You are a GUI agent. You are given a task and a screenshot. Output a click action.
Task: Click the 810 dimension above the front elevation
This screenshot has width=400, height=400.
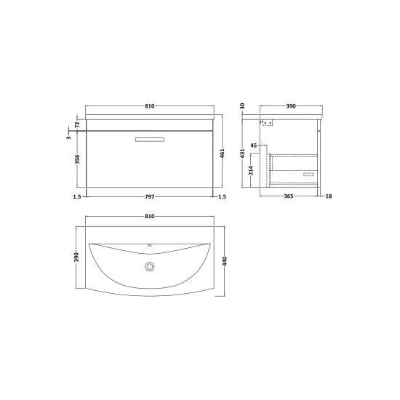pyautogui.click(x=151, y=105)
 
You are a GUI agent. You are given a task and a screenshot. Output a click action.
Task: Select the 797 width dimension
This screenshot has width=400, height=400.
pyautogui.click(x=151, y=196)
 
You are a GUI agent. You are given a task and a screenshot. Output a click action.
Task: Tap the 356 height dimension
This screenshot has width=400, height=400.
pyautogui.click(x=77, y=159)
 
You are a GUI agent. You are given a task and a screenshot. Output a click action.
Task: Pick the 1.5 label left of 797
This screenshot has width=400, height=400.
pyautogui.click(x=76, y=196)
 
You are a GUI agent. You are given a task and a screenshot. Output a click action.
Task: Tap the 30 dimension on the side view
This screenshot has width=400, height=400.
pyautogui.click(x=244, y=105)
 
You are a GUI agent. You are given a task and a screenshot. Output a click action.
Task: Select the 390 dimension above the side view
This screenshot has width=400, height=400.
pyautogui.click(x=291, y=105)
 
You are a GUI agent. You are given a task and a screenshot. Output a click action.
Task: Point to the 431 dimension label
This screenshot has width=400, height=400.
pyautogui.click(x=244, y=154)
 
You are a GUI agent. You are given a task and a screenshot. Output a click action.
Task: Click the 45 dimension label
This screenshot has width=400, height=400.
pyautogui.click(x=253, y=146)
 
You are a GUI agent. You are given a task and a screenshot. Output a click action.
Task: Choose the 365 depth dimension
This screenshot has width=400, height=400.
pyautogui.click(x=288, y=196)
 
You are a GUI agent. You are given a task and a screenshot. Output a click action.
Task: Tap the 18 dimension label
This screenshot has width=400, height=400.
pyautogui.click(x=329, y=196)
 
